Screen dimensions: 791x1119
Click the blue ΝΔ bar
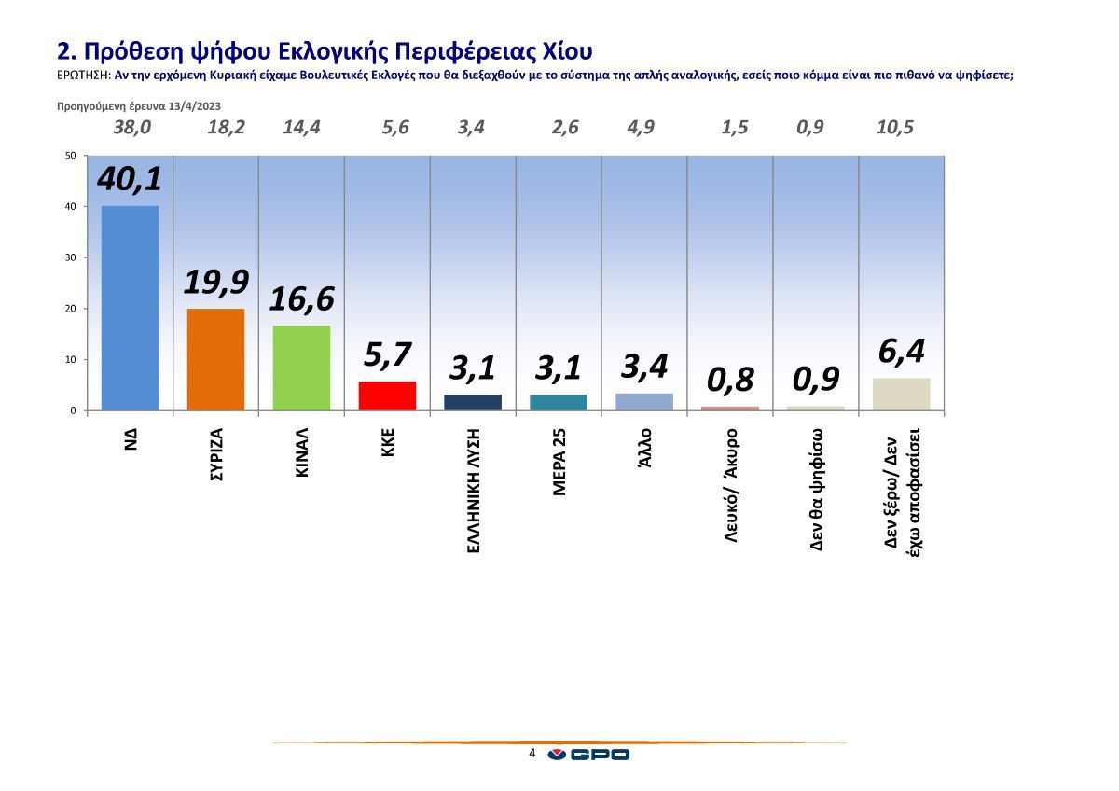point(130,308)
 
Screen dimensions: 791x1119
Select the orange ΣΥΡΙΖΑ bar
point(215,359)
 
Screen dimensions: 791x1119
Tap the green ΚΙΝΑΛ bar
point(301,368)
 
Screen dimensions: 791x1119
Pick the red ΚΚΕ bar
point(387,395)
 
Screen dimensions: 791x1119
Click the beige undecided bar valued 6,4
point(901,394)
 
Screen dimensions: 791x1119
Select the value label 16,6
point(301,299)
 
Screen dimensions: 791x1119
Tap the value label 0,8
point(729,381)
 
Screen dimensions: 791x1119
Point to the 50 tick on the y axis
point(70,156)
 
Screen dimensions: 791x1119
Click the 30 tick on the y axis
point(70,257)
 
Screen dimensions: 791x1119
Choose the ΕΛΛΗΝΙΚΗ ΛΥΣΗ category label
point(473,491)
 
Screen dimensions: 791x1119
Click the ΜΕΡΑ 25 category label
point(559,462)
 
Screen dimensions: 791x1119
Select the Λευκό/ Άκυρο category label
point(731,486)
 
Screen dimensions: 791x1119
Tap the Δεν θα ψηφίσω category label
point(817,489)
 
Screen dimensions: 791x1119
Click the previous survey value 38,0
point(131,128)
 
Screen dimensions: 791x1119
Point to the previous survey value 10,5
point(895,128)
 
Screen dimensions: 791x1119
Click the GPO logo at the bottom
point(588,755)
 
